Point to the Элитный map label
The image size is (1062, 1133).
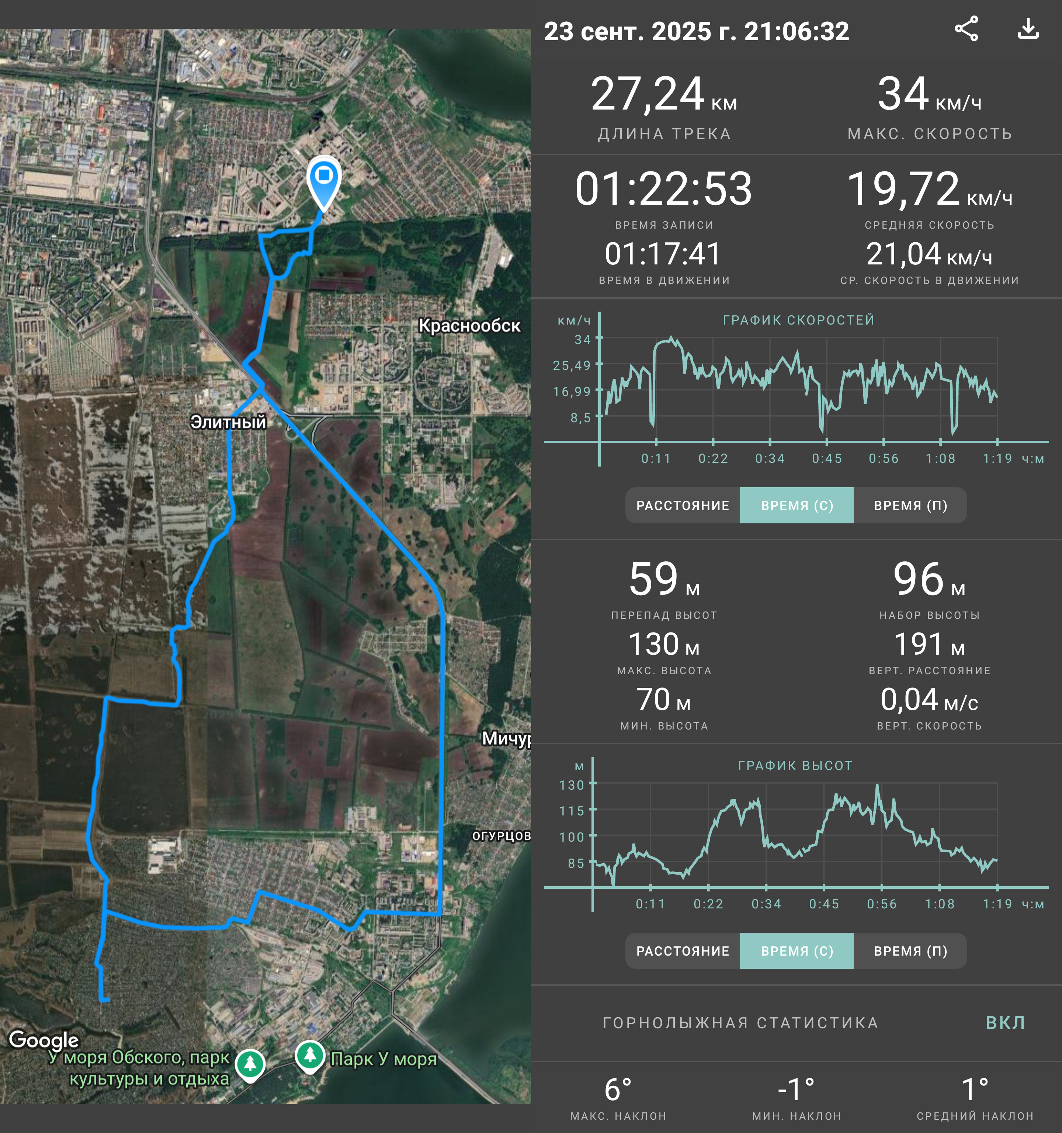228,422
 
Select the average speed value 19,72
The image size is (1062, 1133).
903,188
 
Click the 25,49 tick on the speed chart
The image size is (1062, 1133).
572,365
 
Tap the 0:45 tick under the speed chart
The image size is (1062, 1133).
827,458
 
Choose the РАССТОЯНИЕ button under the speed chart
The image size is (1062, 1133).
683,506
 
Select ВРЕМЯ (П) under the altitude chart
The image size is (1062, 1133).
910,951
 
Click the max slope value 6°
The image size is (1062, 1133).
618,1090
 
